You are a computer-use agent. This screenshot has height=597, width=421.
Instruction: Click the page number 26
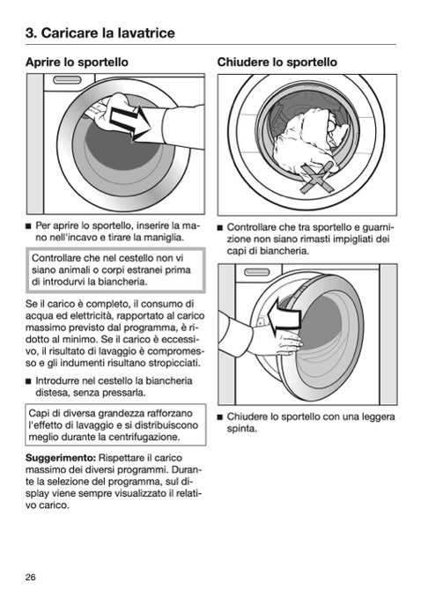(31, 577)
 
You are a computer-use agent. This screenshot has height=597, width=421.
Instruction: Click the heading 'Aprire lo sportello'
(77, 62)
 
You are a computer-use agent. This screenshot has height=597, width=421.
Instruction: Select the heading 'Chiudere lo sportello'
(277, 62)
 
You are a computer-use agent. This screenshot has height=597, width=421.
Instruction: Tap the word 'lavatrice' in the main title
(146, 33)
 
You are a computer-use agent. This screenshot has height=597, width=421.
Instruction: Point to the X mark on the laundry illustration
(317, 177)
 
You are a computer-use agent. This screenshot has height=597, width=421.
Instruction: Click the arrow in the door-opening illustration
(130, 122)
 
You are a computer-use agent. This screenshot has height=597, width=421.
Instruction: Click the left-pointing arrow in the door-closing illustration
(284, 315)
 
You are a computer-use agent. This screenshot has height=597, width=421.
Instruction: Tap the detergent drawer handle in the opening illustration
(68, 80)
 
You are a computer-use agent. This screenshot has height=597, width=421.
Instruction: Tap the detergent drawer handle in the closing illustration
(257, 272)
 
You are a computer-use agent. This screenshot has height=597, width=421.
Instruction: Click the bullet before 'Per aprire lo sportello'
(28, 226)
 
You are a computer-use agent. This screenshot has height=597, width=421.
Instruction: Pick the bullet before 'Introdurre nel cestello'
(28, 381)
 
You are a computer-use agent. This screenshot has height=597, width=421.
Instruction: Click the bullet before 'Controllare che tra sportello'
(220, 228)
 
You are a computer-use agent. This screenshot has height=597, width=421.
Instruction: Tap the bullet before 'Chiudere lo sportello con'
(220, 417)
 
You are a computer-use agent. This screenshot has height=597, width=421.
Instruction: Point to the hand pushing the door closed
(285, 340)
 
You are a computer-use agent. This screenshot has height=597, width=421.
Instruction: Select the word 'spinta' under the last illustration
(242, 429)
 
